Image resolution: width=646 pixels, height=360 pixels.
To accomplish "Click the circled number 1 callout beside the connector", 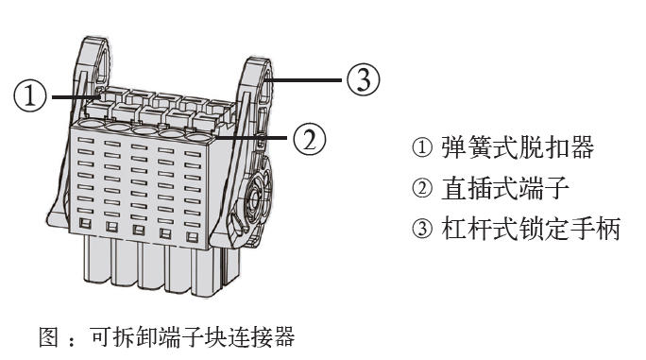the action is pyautogui.click(x=30, y=95).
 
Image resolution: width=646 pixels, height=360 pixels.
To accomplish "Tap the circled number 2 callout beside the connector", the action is pyautogui.click(x=310, y=139).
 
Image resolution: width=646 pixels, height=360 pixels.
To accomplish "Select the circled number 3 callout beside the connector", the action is pyautogui.click(x=363, y=79).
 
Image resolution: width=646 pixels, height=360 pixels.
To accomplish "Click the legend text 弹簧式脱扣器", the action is pyautogui.click(x=518, y=147).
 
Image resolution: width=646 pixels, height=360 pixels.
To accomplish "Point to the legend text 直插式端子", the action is pyautogui.click(x=505, y=188).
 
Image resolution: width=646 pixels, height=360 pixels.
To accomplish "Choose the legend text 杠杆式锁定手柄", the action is pyautogui.click(x=531, y=229).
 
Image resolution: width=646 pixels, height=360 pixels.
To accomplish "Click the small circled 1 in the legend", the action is pyautogui.click(x=422, y=147).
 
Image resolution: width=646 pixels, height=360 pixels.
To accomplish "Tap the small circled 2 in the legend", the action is pyautogui.click(x=422, y=188).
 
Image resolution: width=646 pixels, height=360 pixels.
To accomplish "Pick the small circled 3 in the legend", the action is pyautogui.click(x=422, y=229).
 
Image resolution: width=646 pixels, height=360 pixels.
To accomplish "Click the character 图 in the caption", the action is pyautogui.click(x=49, y=336).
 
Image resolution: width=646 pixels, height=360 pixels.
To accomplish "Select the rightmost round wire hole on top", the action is pyautogui.click(x=198, y=138).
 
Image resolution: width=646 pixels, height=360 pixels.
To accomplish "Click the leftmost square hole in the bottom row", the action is pyautogui.click(x=85, y=223).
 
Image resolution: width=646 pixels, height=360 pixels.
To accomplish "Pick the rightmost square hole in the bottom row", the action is pyautogui.click(x=192, y=237).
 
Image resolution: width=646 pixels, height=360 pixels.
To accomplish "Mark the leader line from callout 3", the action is pyautogui.click(x=304, y=79).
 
